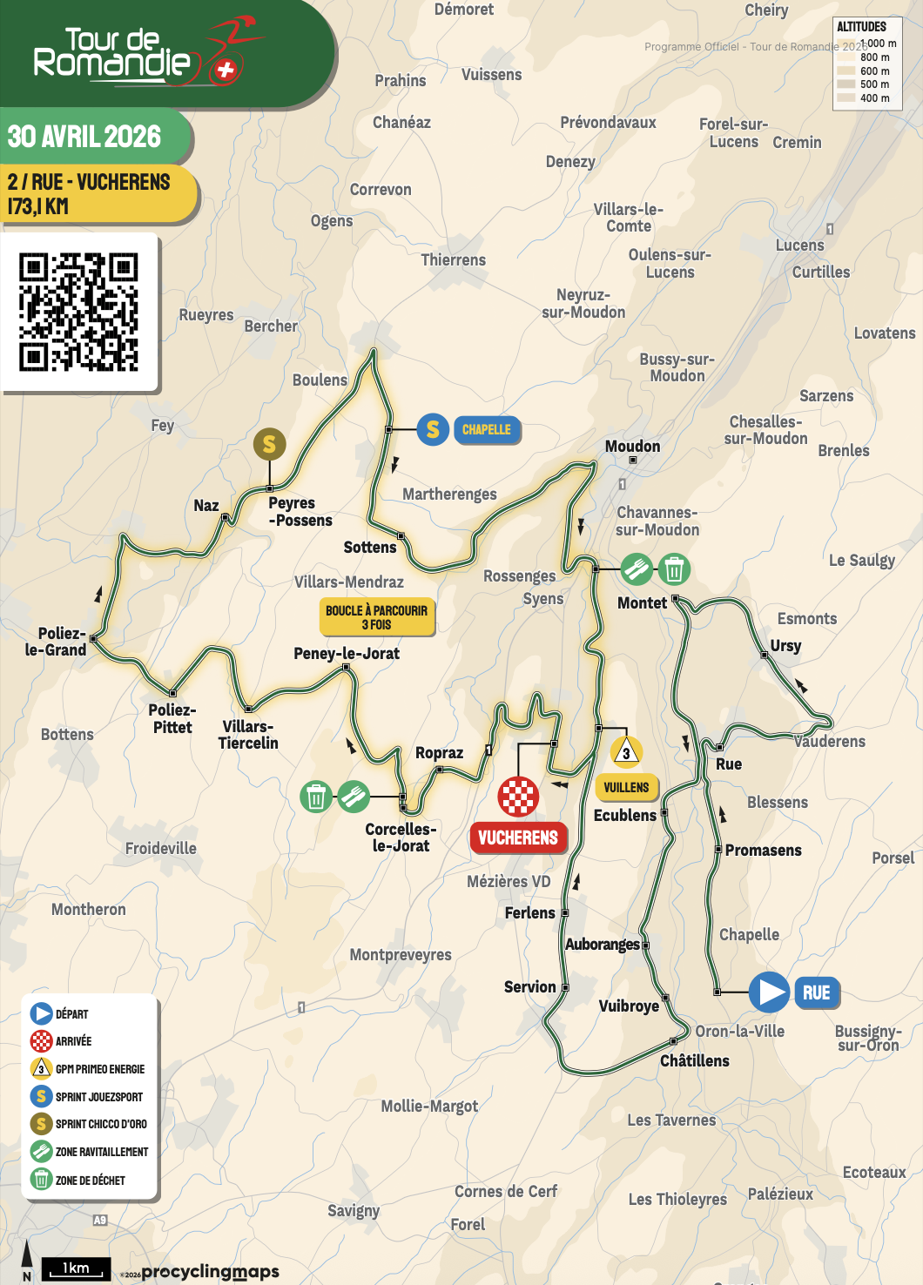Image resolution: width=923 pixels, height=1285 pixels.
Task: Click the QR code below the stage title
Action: [x=79, y=313]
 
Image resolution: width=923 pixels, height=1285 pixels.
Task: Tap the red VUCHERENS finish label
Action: [x=517, y=838]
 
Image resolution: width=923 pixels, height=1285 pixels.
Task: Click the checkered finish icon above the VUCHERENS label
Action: [x=518, y=796]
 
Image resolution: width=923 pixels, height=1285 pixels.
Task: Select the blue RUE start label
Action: [x=816, y=992]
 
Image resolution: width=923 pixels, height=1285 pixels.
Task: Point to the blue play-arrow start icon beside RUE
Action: [x=769, y=992]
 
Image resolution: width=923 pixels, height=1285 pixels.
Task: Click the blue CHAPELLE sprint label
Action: [x=486, y=429]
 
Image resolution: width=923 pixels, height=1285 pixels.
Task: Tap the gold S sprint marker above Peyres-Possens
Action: [x=269, y=444]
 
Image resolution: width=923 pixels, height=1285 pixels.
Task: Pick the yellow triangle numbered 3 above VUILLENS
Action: [x=626, y=752]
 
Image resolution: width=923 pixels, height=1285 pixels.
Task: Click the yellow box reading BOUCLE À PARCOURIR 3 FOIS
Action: [x=376, y=617]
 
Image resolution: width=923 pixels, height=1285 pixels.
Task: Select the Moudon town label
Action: [x=632, y=447]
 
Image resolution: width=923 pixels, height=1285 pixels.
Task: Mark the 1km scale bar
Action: [x=77, y=1269]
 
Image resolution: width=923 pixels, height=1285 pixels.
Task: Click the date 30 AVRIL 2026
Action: [x=84, y=137]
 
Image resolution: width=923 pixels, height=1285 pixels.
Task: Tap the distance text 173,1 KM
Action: [x=38, y=206]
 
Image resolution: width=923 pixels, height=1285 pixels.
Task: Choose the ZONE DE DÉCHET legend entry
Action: [x=90, y=1180]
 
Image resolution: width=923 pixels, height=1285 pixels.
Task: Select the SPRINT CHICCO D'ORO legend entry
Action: [x=100, y=1124]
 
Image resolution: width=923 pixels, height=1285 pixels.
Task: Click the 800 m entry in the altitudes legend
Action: [x=874, y=57]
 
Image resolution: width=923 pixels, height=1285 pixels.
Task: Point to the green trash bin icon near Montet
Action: [x=673, y=570]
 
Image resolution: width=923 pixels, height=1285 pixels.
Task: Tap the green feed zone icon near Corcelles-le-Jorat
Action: [x=353, y=796]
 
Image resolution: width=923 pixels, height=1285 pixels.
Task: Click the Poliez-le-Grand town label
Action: [x=56, y=642]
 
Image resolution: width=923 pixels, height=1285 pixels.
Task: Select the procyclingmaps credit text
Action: [x=210, y=1272]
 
